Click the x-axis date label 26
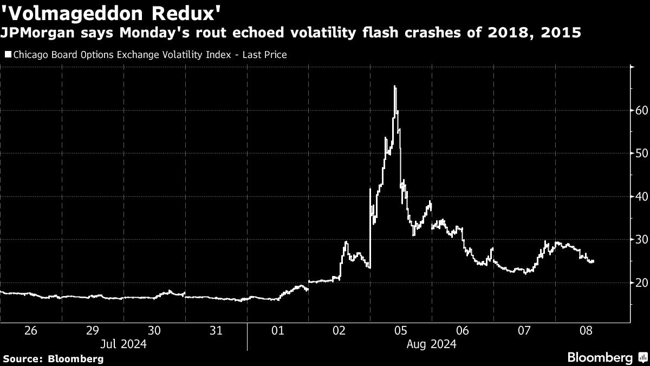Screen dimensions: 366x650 [x=31, y=330]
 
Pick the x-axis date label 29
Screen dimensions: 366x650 [x=93, y=330]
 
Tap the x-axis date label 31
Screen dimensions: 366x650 [x=216, y=330]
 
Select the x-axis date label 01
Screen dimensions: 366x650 [x=277, y=330]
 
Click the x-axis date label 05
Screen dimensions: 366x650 [x=400, y=330]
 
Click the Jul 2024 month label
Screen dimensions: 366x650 [x=123, y=344]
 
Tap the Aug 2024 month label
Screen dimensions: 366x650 [x=432, y=344]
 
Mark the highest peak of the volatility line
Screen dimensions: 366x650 [x=395, y=86]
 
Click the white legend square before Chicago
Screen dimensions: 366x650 [x=8, y=55]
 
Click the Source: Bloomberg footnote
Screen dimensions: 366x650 [x=53, y=358]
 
